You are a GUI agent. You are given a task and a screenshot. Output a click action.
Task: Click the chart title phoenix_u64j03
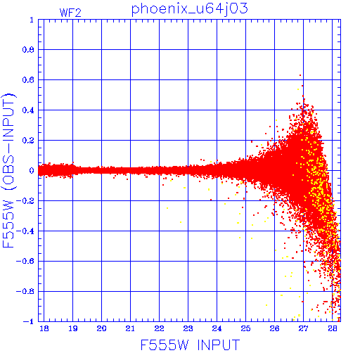(189, 9)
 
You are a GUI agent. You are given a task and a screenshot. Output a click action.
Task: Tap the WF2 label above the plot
(70, 13)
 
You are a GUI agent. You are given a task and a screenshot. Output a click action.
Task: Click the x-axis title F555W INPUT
(190, 345)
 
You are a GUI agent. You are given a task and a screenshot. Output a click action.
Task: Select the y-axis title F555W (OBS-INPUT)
(8, 170)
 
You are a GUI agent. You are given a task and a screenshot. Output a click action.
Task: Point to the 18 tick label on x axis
(44, 328)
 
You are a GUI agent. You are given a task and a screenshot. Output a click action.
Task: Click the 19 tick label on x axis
(73, 328)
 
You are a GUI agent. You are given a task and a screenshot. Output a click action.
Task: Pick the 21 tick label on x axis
(130, 328)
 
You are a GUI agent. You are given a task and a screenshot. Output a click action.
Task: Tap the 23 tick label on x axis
(188, 328)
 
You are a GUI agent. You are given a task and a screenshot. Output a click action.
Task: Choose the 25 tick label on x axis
(245, 328)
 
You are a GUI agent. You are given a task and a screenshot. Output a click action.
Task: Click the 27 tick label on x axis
(303, 328)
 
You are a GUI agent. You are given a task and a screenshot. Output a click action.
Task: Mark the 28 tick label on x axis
(333, 328)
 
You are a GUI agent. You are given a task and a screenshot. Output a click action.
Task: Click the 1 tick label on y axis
(32, 20)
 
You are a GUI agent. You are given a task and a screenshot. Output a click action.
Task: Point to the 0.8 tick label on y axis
(28, 50)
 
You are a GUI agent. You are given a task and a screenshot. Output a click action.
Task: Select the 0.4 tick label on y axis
(28, 110)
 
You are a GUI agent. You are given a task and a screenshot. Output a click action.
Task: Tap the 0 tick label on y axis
(32, 171)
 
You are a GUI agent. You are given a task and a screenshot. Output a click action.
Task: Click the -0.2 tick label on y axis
(25, 201)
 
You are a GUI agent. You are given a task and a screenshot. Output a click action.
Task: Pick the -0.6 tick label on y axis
(25, 261)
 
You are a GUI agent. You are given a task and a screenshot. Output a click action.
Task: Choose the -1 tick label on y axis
(28, 321)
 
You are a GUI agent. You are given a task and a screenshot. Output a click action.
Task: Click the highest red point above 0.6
(300, 75)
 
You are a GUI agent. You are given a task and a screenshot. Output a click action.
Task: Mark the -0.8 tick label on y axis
(25, 291)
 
